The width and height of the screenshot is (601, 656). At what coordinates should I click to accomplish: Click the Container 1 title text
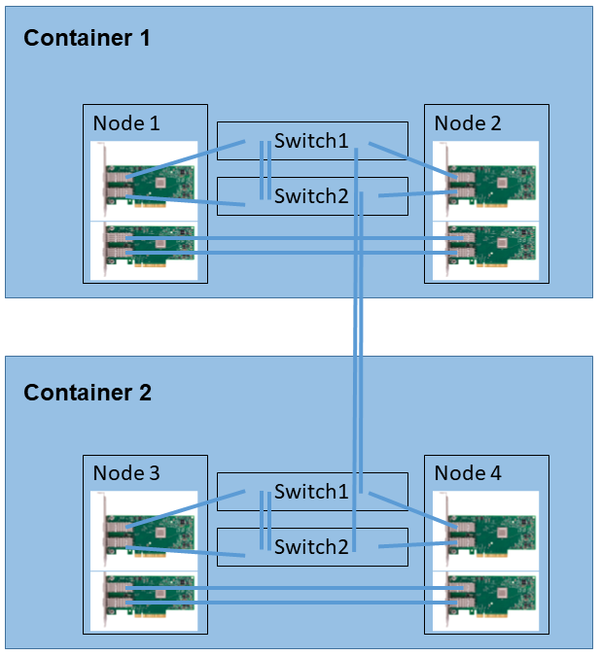[87, 38]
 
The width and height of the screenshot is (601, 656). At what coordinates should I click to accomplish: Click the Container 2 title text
[87, 393]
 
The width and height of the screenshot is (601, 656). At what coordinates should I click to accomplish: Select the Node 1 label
[125, 123]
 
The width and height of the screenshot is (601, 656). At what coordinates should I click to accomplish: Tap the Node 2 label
[467, 123]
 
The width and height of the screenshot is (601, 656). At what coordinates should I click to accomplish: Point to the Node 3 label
[125, 473]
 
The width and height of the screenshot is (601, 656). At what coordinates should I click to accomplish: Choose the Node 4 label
[467, 473]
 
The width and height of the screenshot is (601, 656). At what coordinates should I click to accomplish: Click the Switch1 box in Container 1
[311, 141]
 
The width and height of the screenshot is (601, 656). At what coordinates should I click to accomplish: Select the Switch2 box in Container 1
[311, 196]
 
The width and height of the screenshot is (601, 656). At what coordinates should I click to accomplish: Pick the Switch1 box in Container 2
[311, 492]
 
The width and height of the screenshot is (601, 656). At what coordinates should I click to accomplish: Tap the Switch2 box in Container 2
[311, 547]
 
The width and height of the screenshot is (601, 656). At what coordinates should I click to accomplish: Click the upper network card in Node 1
[145, 181]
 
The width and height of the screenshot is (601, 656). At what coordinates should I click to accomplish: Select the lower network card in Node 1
[145, 249]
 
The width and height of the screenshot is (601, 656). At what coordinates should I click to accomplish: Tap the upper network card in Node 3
[145, 531]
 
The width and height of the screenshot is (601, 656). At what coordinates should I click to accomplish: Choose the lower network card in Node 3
[145, 599]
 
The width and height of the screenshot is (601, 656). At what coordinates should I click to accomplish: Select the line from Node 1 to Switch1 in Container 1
[185, 160]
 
